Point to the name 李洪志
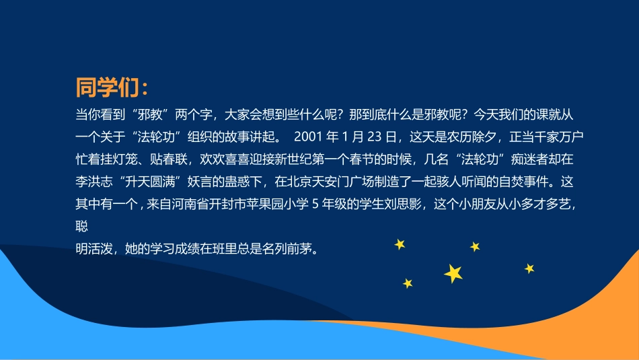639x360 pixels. click(93, 182)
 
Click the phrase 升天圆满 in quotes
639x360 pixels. click(151, 182)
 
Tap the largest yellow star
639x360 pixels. click(453, 273)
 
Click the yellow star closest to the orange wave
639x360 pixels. click(529, 268)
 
